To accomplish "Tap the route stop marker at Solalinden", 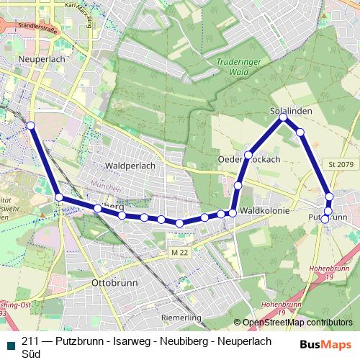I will pyautogui.click(x=284, y=117).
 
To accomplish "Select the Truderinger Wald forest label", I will pyautogui.click(x=232, y=67).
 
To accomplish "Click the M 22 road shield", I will pyautogui.click(x=180, y=253).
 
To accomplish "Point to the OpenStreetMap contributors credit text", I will pyautogui.click(x=297, y=323).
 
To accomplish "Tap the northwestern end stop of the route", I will pyautogui.click(x=30, y=126).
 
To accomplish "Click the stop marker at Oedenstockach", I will pyautogui.click(x=248, y=155).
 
